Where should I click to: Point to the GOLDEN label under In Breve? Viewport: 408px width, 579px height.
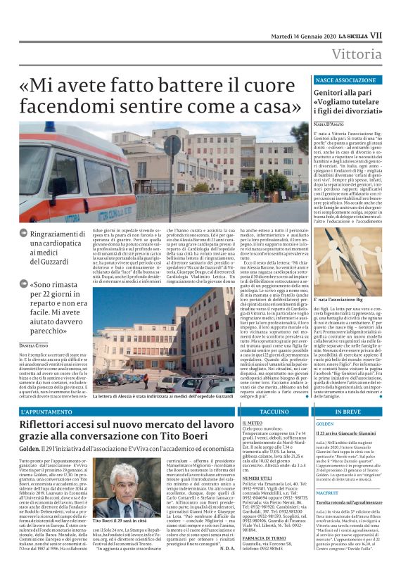[x=325, y=424]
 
